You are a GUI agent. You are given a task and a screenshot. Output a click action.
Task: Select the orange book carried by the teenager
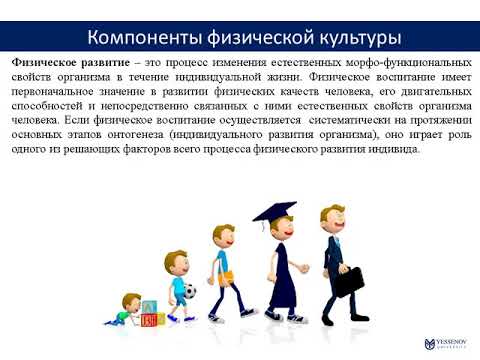click(x=227, y=275)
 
